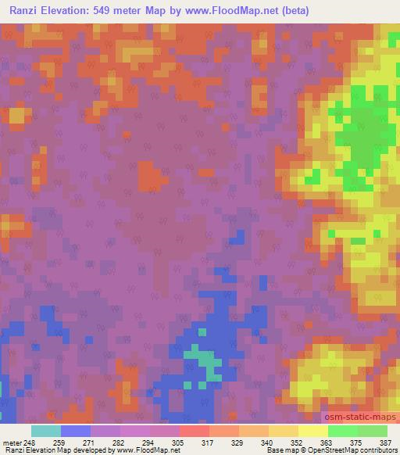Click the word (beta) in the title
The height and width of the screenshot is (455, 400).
tap(291, 10)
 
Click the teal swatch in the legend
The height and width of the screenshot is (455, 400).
tap(46, 431)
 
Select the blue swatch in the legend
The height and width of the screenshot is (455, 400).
tap(76, 431)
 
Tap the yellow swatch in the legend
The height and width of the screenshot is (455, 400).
tap(312, 431)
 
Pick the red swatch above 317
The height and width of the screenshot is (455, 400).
tap(195, 431)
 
